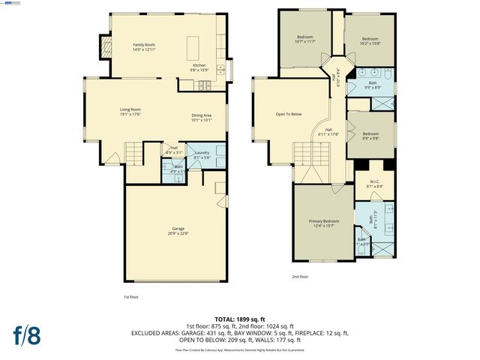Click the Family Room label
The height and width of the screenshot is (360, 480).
tap(144, 46)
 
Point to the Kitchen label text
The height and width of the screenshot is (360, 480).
tap(199, 66)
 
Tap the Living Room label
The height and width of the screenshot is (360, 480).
tap(130, 111)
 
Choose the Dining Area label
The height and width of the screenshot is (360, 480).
tap(202, 115)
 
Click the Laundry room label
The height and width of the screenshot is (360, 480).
tap(201, 154)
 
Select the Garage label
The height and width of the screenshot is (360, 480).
tap(178, 229)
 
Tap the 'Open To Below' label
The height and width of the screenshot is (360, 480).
tap(288, 114)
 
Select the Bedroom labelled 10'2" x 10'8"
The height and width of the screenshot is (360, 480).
tap(370, 40)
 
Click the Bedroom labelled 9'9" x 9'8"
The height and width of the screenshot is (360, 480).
tap(370, 136)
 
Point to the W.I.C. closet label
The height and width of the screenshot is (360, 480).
tap(370, 185)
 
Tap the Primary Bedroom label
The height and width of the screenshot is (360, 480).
tap(324, 223)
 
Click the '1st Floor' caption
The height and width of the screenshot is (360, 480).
tap(132, 297)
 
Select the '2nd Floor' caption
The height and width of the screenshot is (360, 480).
tap(300, 277)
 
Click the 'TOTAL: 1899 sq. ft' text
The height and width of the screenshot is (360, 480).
tap(240, 319)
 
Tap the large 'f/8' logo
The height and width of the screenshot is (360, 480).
tap(26, 334)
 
